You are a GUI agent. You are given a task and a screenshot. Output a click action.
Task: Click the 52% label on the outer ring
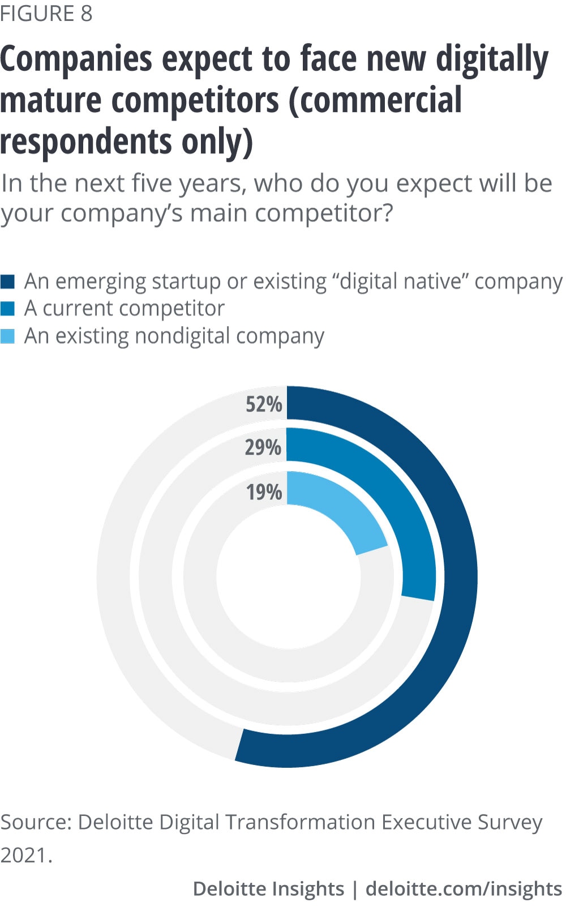click(x=264, y=404)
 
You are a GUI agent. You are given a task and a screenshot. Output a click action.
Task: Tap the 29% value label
click(x=263, y=447)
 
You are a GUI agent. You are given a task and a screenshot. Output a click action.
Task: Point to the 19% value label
click(x=264, y=492)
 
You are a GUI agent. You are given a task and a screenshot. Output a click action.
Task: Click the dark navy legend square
click(x=7, y=281)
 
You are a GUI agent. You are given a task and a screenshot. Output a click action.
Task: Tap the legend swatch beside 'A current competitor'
click(x=7, y=309)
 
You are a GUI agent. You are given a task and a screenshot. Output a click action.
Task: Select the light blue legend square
click(x=7, y=336)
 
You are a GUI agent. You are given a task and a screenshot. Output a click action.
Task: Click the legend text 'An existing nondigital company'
click(x=174, y=336)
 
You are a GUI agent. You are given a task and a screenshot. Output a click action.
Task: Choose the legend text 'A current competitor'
click(x=125, y=309)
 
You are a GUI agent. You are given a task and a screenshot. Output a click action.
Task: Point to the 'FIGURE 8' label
click(x=46, y=14)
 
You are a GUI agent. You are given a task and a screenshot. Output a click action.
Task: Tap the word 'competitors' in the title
click(x=196, y=101)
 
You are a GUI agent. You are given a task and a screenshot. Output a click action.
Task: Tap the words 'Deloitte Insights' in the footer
click(x=268, y=888)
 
